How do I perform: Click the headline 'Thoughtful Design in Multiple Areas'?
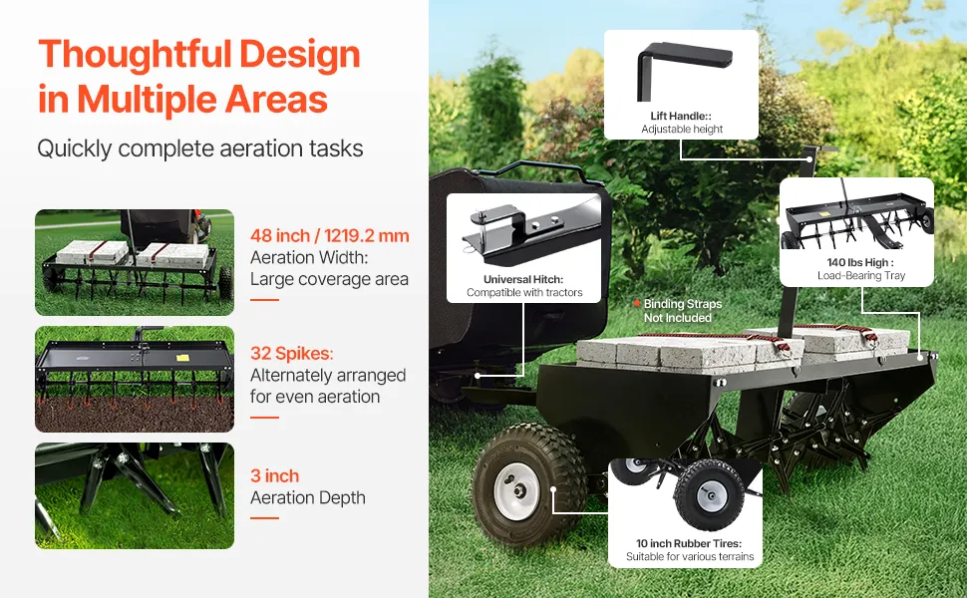click(198, 77)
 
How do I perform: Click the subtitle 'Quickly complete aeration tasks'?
click(199, 149)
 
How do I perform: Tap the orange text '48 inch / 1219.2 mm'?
click(329, 235)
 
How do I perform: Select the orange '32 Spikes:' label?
click(292, 353)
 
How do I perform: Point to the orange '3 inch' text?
click(274, 476)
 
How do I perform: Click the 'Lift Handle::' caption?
click(681, 116)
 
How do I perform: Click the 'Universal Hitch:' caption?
click(523, 279)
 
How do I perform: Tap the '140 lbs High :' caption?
click(860, 263)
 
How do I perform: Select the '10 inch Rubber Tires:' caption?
click(689, 543)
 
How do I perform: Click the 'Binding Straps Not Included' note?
click(682, 311)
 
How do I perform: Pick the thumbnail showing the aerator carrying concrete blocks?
click(135, 263)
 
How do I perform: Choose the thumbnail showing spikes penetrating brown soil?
click(135, 379)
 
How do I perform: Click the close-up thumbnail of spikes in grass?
click(135, 495)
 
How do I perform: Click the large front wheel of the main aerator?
click(527, 484)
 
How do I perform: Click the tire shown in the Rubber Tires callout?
click(709, 493)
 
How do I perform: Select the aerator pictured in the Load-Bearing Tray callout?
click(857, 223)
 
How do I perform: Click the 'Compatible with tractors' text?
click(524, 292)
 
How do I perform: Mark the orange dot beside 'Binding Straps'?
click(636, 303)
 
